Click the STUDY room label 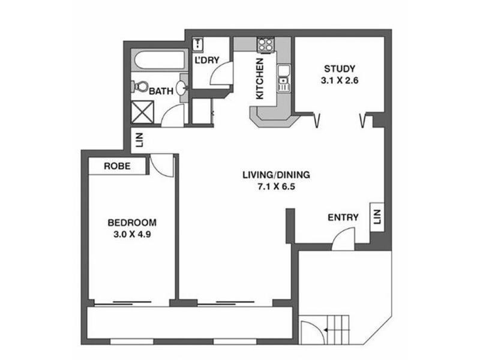340,68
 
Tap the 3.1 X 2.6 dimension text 340,79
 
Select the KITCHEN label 260,79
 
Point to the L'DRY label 206,61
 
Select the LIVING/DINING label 275,175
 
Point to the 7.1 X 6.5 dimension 275,187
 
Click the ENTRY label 343,217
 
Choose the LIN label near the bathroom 140,140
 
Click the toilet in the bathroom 141,86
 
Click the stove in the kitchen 264,44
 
